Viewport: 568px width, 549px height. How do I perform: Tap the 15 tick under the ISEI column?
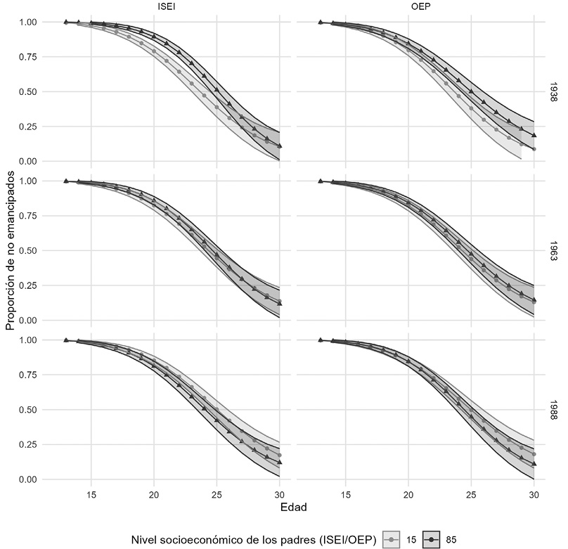tap(91, 494)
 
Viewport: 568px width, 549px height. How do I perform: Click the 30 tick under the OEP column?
tap(534, 494)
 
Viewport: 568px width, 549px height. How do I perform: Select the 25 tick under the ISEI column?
tap(217, 494)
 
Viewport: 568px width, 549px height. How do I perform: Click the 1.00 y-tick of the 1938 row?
tap(32, 22)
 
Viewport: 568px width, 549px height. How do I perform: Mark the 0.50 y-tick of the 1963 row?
tap(32, 250)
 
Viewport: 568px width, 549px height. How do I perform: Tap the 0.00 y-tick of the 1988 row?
tap(32, 479)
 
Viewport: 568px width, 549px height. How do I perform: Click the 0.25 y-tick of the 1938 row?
tap(32, 127)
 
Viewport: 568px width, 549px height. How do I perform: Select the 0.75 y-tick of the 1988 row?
tap(32, 375)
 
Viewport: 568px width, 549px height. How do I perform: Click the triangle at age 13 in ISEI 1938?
tap(66, 22)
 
